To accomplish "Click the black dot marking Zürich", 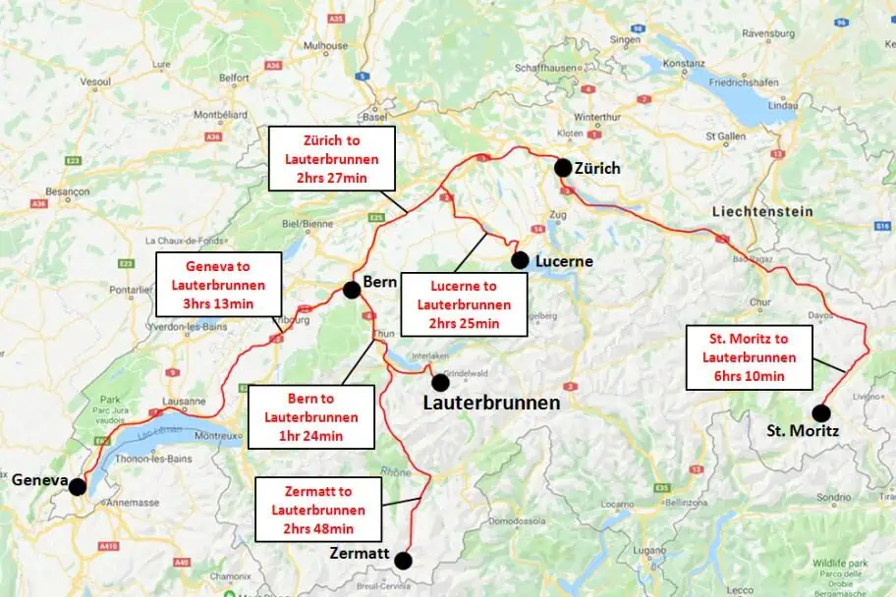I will pos(562,168).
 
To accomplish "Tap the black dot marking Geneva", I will pos(77,486).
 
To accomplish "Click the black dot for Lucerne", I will pos(520,259).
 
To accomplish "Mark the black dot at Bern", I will pos(351,290).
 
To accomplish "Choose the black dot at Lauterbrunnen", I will pos(439,382).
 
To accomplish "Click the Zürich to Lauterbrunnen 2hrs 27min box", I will pos(331,158).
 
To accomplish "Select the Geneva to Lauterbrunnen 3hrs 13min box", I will pos(218,284).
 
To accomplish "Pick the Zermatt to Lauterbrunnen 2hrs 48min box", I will pos(318,509).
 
